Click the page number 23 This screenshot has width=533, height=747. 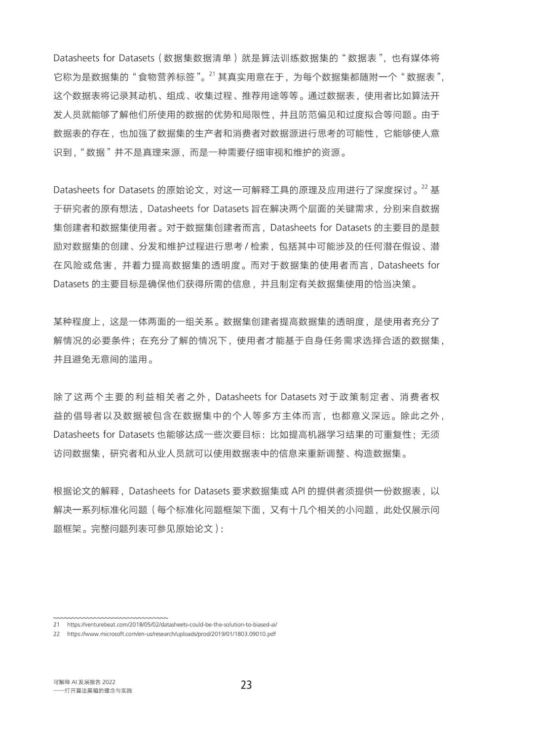[x=246, y=685]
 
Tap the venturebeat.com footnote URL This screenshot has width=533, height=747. [x=172, y=624]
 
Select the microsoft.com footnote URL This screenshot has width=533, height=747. [x=171, y=634]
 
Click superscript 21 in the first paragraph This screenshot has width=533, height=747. [x=212, y=74]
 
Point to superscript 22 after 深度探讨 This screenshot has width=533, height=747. [x=424, y=187]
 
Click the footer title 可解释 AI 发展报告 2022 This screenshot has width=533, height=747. [x=84, y=682]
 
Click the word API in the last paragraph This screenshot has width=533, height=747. [x=299, y=491]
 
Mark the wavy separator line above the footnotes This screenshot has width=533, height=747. [x=111, y=618]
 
